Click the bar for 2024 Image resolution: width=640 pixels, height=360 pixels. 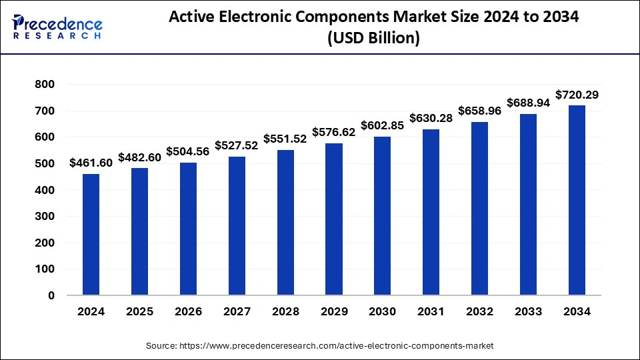tap(91, 234)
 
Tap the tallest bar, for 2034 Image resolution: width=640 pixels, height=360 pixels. tap(577, 200)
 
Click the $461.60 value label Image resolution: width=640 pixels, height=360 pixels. tap(91, 163)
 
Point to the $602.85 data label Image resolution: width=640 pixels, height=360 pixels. tap(382, 125)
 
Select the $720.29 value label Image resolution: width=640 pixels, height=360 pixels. tap(577, 95)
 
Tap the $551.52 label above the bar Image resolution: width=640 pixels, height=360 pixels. tap(285, 139)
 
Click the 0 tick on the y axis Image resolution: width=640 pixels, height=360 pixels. tap(51, 295)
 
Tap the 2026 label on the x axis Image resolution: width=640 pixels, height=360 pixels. tap(188, 311)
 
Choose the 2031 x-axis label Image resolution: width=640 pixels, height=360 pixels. tap(431, 311)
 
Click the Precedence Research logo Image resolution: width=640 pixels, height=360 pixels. tap(57, 27)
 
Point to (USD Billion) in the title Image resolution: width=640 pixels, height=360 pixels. tap(373, 39)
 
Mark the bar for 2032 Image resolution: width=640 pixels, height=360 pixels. tap(479, 208)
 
